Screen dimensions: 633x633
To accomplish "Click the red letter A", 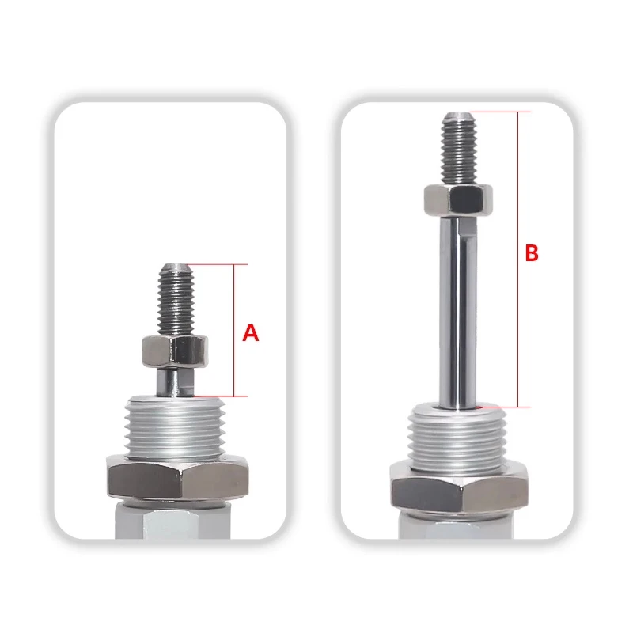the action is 250,333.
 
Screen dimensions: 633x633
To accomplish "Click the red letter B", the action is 532,253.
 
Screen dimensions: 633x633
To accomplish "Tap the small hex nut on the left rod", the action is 175,351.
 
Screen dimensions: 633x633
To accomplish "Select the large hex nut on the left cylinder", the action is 177,478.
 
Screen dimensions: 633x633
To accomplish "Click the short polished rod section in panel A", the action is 175,382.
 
